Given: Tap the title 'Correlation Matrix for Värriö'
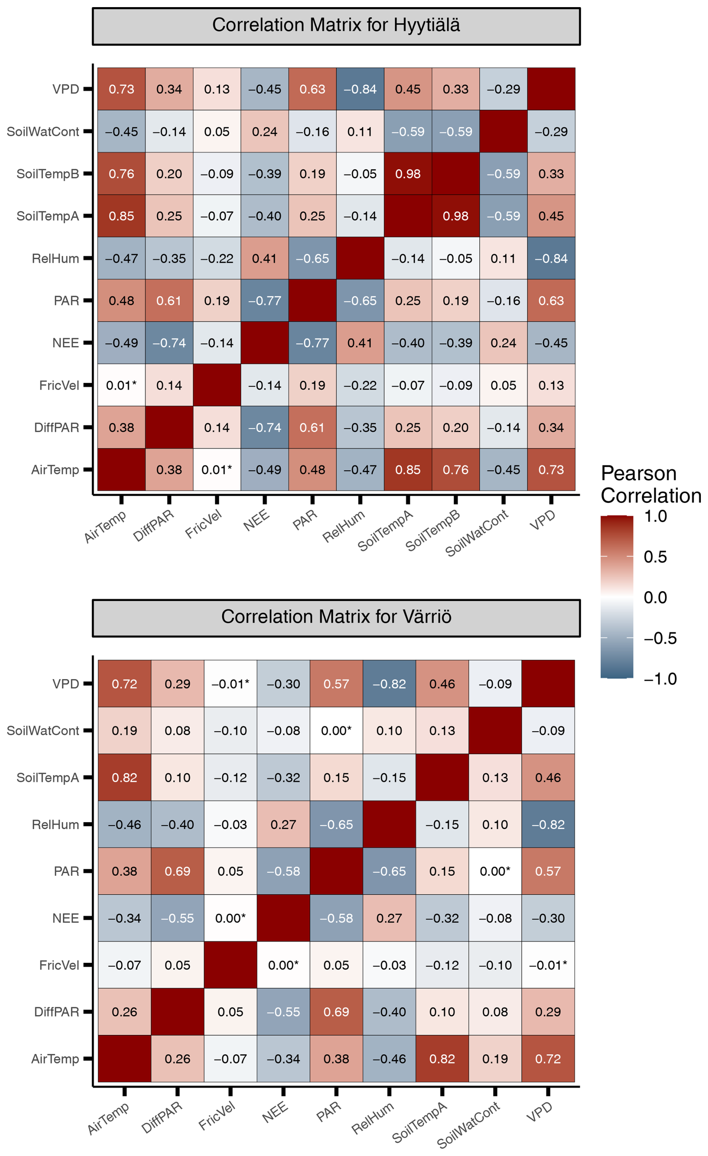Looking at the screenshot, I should [336, 617].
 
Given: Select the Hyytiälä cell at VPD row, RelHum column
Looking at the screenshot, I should [360, 89].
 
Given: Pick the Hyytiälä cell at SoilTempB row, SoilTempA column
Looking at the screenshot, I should [408, 174].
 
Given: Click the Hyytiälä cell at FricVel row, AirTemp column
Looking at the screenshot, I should [122, 386].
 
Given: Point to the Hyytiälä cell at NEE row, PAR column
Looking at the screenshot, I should [312, 343].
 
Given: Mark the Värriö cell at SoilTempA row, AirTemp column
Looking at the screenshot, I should [124, 778].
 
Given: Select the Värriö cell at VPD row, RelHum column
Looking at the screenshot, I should [389, 684].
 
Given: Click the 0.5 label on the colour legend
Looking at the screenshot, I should [655, 557].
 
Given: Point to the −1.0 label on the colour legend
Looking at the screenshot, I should [660, 679].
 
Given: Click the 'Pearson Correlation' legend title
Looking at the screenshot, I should [650, 484].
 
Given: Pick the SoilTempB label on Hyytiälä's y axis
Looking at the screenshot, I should [48, 174].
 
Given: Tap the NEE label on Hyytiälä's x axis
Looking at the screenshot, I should [256, 520].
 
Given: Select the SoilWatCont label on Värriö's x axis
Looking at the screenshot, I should [469, 1124].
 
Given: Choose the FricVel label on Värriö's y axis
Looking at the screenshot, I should [59, 965].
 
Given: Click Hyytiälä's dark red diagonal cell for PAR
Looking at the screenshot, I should [312, 301].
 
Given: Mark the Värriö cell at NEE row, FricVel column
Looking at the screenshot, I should [230, 918].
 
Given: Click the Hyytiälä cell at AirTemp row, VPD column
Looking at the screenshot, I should [551, 469].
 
